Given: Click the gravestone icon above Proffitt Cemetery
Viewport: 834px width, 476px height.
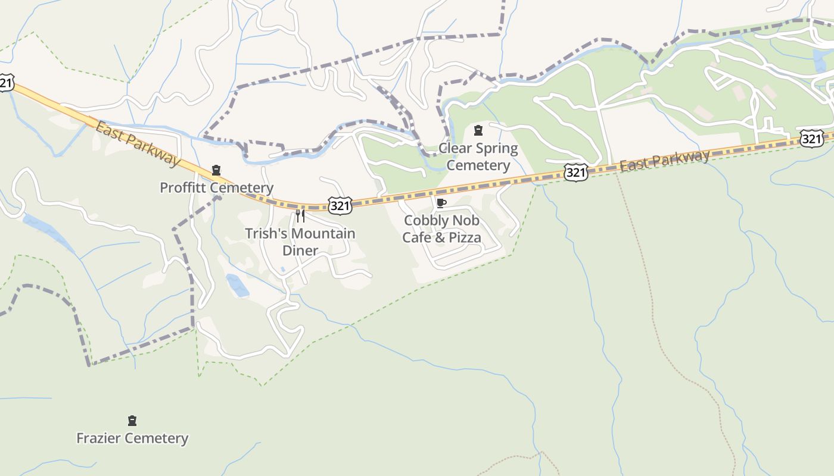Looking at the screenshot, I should click(216, 171).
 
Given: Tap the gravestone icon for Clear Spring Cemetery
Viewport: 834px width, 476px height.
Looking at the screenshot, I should click(478, 130).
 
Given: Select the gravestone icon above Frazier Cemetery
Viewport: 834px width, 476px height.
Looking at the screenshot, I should click(132, 421).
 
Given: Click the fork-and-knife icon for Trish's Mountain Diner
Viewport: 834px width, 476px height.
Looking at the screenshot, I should click(300, 215).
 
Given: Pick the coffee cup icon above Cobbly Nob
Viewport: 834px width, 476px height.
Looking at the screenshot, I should click(441, 203).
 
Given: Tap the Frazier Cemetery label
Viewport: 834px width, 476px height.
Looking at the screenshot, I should click(132, 439).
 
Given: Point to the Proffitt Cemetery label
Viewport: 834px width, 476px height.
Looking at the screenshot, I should click(216, 188).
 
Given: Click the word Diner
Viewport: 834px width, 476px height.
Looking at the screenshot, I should click(300, 250).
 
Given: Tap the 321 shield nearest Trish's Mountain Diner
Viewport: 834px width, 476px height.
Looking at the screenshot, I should click(340, 205).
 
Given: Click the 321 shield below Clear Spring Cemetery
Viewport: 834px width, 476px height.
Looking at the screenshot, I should click(575, 173).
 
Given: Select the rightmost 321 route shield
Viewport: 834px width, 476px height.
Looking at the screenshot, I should click(811, 139).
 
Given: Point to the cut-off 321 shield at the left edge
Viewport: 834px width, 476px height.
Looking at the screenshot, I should click(5, 83).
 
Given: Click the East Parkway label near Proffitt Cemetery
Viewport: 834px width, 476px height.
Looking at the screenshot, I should click(138, 143).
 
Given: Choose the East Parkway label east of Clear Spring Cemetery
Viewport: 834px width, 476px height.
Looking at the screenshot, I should click(664, 160).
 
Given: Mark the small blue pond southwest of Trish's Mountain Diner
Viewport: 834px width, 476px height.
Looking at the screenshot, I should click(237, 285).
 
